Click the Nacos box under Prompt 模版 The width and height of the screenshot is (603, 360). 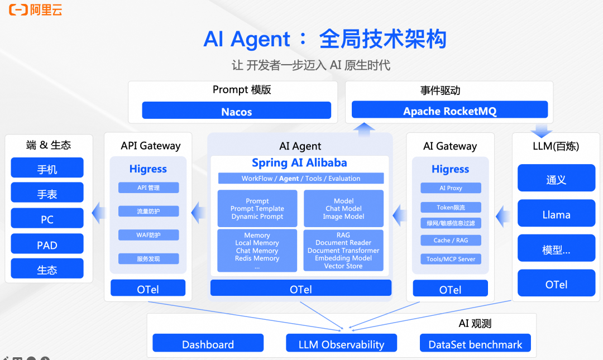pos(236,111)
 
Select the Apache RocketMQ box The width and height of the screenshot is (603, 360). pos(449,110)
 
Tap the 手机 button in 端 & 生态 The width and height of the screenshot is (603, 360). pos(47,168)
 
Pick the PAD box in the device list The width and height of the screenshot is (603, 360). pos(47,244)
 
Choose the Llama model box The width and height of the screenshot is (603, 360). pos(556,214)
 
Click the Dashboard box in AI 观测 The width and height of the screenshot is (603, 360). pos(208,343)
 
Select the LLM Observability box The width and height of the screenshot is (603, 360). pos(341,343)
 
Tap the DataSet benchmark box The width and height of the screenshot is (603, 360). pos(475,343)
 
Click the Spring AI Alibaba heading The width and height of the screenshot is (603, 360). pos(299,163)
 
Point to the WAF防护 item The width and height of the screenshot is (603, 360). pos(149,235)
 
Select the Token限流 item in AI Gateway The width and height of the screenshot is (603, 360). pos(451,207)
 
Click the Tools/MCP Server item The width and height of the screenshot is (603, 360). pos(451,259)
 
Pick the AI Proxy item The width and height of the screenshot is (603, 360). pos(451,188)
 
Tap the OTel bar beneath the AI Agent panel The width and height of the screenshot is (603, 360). pos(300,289)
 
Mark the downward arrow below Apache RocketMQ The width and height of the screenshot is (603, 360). pos(540,131)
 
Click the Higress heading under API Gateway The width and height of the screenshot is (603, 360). pos(148,169)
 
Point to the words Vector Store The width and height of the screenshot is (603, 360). pos(343,266)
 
